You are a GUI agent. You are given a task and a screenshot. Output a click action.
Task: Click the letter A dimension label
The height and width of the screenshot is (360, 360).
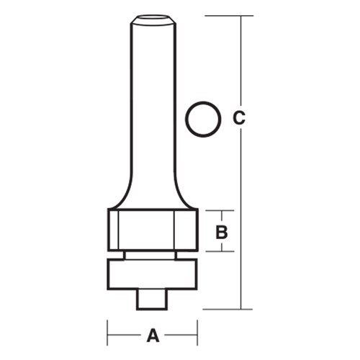pos(152,335)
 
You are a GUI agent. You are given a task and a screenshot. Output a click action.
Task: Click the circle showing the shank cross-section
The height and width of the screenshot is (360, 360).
pos(201,119)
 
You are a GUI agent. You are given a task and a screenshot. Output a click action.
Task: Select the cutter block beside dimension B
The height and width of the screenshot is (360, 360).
pos(152,230)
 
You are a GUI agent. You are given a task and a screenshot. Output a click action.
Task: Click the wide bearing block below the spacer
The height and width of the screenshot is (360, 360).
pos(152,274)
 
